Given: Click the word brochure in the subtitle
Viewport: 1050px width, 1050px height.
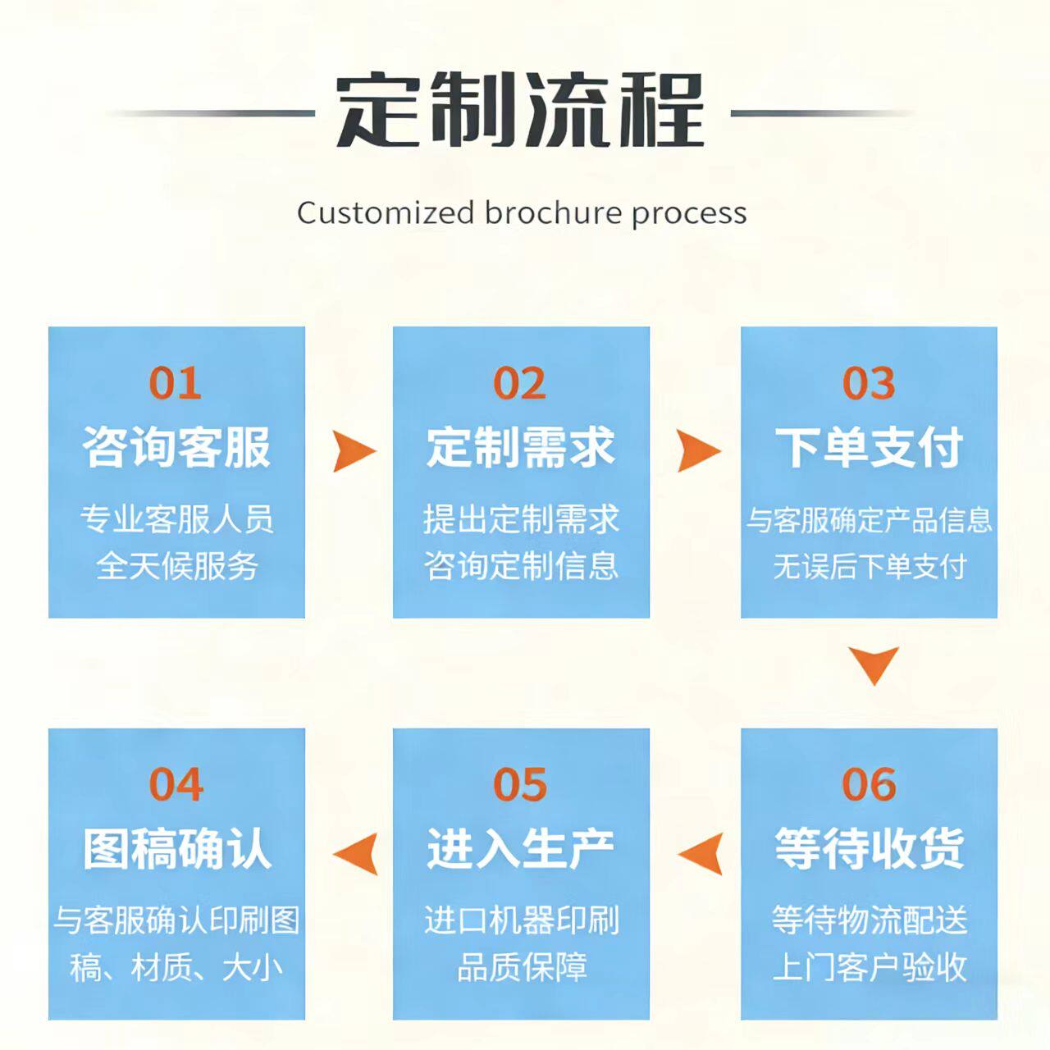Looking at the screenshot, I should pos(553,213).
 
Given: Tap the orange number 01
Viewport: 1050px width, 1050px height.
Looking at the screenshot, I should pos(175,383).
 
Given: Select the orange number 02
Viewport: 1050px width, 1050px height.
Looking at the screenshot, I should pos(519,383).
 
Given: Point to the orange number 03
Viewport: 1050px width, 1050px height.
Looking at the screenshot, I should pos(869,383).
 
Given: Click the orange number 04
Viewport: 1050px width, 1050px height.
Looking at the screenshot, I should pos(175,784).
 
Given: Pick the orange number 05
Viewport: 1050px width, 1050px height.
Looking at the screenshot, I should pos(519,784).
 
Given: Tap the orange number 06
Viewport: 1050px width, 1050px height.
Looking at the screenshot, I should pos(869,784).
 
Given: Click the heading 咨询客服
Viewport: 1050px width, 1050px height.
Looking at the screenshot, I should pos(176,447).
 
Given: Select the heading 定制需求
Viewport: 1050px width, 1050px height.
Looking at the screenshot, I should pos(521,447).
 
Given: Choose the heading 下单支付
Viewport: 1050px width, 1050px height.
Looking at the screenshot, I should pos(870,447).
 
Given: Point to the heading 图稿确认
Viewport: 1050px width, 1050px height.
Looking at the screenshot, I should pos(176,848).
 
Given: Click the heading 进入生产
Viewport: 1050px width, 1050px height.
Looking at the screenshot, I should pos(521,848).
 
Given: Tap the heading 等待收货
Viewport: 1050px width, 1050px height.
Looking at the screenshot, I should pos(870,848).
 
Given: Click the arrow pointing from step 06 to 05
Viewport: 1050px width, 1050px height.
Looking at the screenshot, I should pos(701,853).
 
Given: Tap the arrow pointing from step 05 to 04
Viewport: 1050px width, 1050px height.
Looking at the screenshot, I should pos(357,853).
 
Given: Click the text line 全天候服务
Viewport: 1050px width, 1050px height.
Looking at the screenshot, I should pos(176,566).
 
